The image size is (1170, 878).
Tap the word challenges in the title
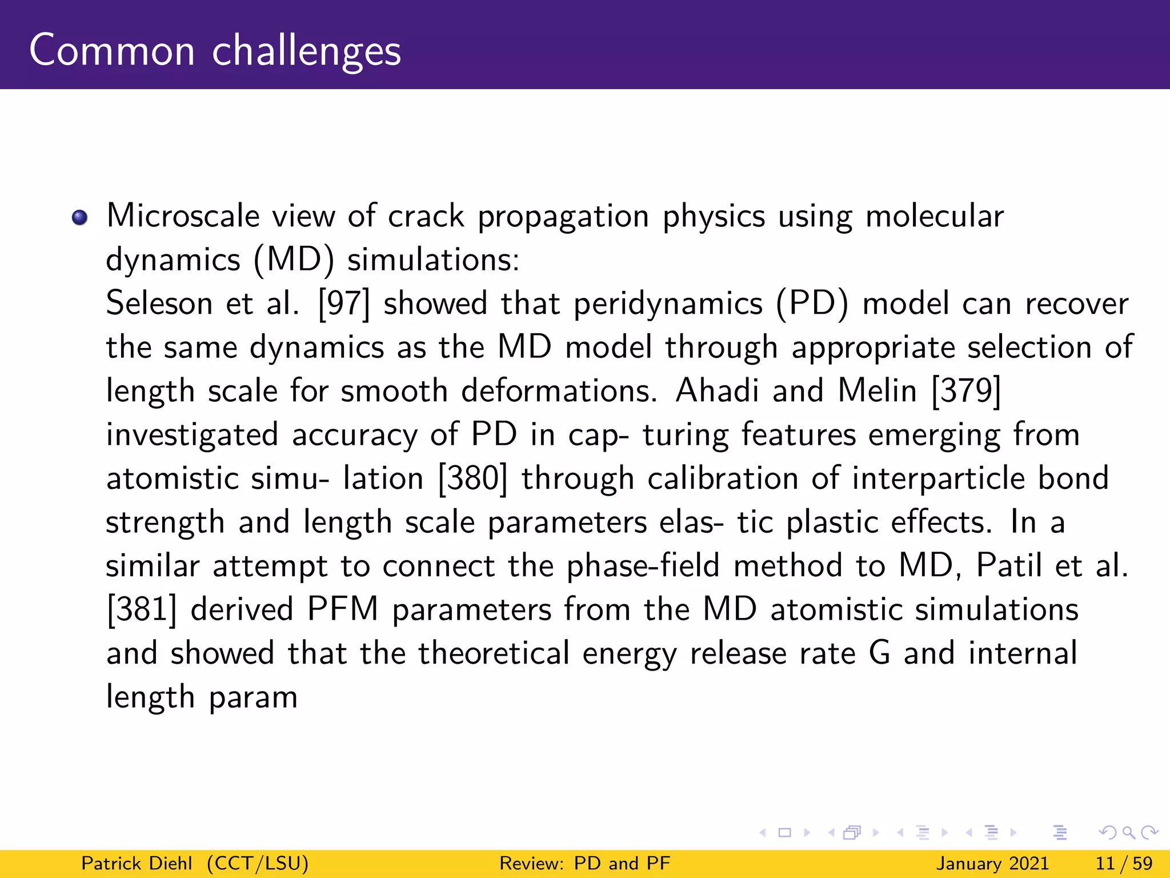click(x=306, y=51)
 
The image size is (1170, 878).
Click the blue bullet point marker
click(x=79, y=218)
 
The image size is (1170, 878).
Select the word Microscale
click(x=183, y=216)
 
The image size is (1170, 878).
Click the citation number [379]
click(x=966, y=391)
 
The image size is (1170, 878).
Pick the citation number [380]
click(x=472, y=478)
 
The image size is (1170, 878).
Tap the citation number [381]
click(x=142, y=609)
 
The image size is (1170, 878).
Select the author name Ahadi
click(x=717, y=391)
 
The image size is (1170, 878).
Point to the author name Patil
click(x=1008, y=566)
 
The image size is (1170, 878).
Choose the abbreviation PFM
click(x=342, y=609)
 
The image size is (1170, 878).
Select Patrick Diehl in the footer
click(x=137, y=863)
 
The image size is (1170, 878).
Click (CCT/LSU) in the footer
click(x=258, y=863)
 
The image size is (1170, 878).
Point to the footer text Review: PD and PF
click(x=584, y=863)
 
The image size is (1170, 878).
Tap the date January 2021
click(x=992, y=863)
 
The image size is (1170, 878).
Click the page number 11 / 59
click(x=1124, y=863)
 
